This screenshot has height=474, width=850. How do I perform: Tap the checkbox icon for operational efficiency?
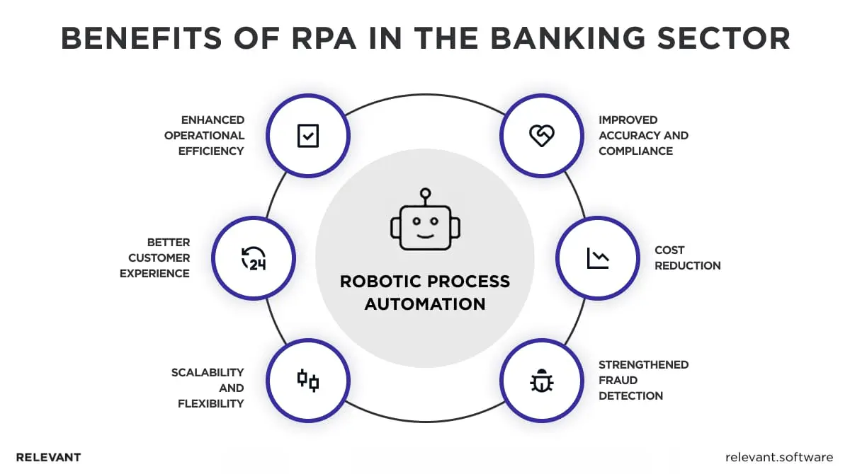click(308, 135)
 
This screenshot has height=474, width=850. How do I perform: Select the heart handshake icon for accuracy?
click(541, 135)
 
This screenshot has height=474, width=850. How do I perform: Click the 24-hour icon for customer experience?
click(254, 258)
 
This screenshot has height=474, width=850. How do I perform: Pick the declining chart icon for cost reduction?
click(597, 258)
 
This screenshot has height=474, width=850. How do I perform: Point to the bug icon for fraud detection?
click(541, 381)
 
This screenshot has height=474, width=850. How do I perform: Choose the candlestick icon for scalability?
click(308, 381)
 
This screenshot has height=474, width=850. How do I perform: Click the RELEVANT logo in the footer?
click(48, 457)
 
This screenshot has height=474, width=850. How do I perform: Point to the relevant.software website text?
click(779, 457)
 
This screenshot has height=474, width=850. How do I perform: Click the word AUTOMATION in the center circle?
click(425, 304)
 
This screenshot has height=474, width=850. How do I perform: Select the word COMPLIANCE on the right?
click(635, 151)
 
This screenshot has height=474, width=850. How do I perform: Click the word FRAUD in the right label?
click(618, 380)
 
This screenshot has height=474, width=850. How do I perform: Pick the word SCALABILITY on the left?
click(208, 372)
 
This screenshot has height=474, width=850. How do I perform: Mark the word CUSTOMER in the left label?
click(159, 258)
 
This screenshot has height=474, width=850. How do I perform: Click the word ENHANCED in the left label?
click(212, 120)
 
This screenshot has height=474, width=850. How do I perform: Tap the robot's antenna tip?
click(425, 192)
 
